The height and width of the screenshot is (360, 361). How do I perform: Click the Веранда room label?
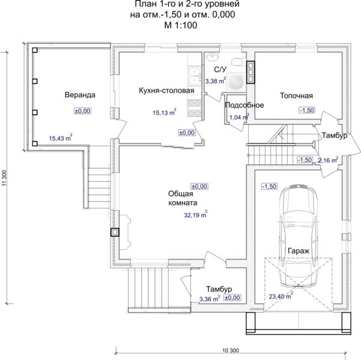coord(80,95)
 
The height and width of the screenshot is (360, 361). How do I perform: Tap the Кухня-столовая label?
coord(166,91)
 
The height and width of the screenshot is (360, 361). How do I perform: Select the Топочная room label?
coord(296,95)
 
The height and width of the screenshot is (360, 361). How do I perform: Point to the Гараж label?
coord(299,251)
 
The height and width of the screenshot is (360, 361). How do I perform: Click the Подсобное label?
coord(244,105)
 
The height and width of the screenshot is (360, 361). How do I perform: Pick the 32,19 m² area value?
coord(195,214)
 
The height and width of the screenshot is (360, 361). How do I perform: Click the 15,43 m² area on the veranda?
coord(61,137)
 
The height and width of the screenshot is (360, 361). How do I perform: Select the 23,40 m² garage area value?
coord(281,296)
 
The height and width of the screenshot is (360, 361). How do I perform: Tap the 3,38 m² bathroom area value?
coord(216,80)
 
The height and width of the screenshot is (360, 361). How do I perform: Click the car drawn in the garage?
coord(299,235)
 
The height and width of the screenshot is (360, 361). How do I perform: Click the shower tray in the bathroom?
coord(236,82)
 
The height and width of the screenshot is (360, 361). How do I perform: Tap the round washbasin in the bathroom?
coord(213,57)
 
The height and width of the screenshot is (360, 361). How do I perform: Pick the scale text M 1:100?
coord(181,25)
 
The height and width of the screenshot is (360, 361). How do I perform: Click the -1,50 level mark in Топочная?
coord(307,110)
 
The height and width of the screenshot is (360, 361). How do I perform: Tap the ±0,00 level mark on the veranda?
coord(82,111)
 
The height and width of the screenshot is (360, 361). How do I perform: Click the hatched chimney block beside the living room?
coord(115,232)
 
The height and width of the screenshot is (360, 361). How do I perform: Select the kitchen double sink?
coord(195,75)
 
